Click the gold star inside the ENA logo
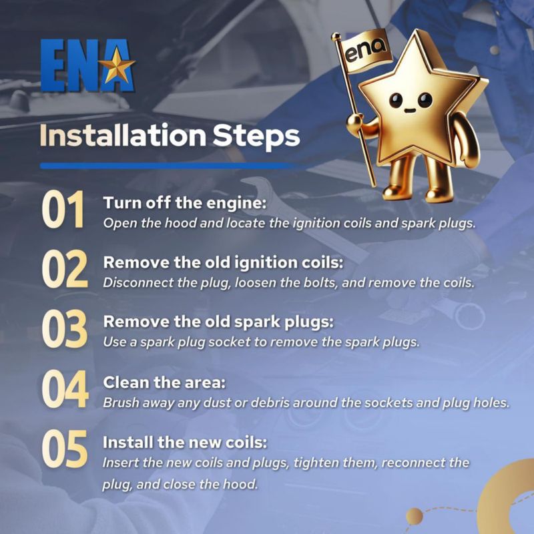pyautogui.click(x=116, y=65)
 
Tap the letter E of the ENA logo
pyautogui.click(x=52, y=65)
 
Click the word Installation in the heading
pyautogui.click(x=123, y=136)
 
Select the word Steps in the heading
pyautogui.click(x=256, y=137)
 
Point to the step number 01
pyautogui.click(x=63, y=209)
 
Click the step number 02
pyautogui.click(x=65, y=269)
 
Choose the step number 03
pyautogui.click(x=65, y=328)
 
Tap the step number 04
pyautogui.click(x=65, y=388)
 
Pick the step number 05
pyautogui.click(x=65, y=449)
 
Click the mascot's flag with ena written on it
pyautogui.click(x=365, y=51)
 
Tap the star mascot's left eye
pyautogui.click(x=396, y=100)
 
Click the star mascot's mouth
pyautogui.click(x=410, y=111)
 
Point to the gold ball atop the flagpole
pyautogui.click(x=336, y=36)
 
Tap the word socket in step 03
pyautogui.click(x=230, y=342)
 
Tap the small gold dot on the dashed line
pyautogui.click(x=415, y=516)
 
